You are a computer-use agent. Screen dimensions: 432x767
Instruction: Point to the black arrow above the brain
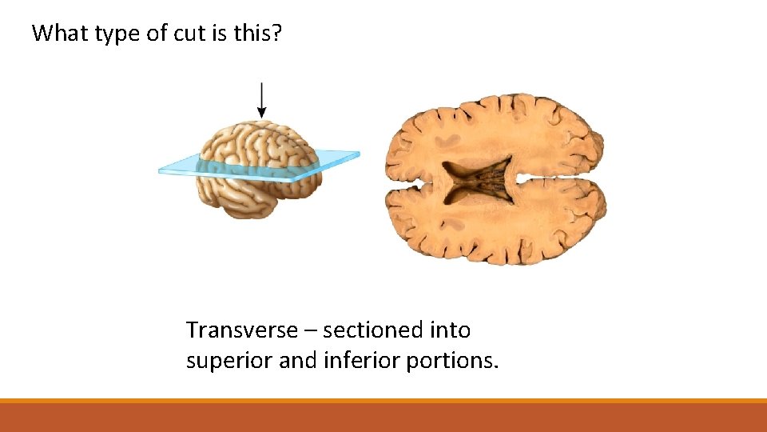coord(261,99)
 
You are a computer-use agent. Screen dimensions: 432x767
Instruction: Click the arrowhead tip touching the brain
coord(261,117)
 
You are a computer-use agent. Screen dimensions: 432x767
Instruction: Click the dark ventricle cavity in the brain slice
coord(478,181)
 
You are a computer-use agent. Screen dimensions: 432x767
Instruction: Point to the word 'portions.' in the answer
coord(453,361)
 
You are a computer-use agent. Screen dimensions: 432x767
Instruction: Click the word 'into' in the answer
coord(450,330)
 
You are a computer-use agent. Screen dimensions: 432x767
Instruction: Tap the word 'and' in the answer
coord(297,361)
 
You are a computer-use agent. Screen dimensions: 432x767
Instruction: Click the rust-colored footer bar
coord(383,418)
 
